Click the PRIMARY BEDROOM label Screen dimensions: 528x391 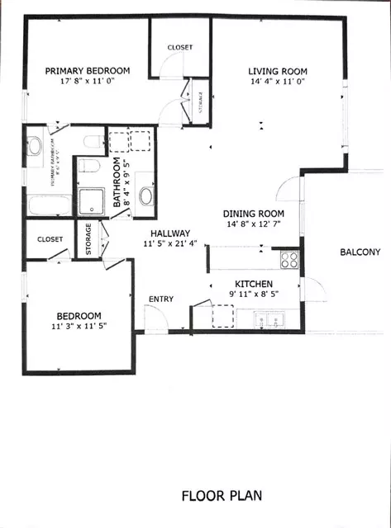click(86, 71)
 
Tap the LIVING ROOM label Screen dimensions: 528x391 click(277, 71)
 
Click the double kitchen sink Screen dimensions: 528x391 click(269, 318)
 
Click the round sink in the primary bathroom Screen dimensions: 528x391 click(35, 147)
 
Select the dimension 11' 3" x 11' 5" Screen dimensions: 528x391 click(79, 327)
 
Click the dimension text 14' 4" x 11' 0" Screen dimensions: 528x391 click(277, 82)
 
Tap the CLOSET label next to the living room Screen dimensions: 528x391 click(179, 48)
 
